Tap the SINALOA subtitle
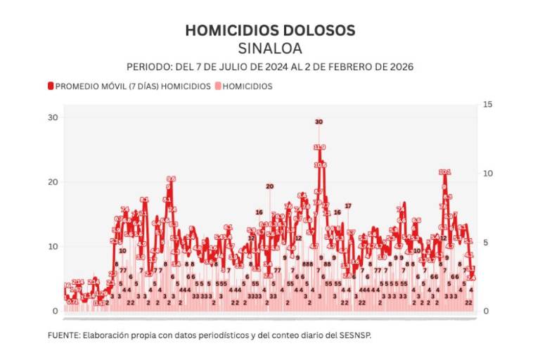point(270,49)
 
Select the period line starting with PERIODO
point(270,67)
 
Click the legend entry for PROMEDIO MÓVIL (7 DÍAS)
point(133,86)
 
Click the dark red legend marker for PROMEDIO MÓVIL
point(51,86)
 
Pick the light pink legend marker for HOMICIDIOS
point(217,86)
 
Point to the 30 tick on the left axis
point(52,117)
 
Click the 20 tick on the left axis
point(52,182)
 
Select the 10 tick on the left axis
point(52,247)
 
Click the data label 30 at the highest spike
point(319,122)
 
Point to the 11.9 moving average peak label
point(319,147)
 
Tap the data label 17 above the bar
point(347,206)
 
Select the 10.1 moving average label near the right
point(444,172)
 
